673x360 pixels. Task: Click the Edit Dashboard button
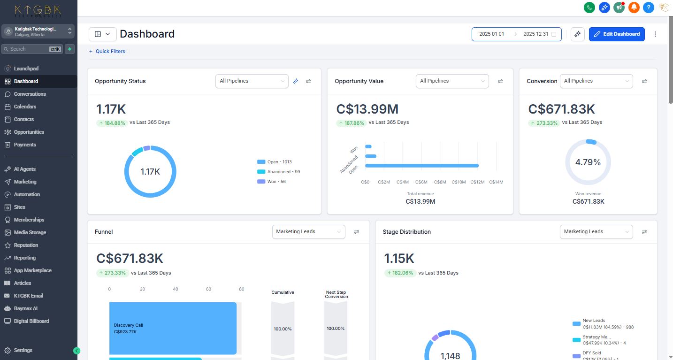coord(617,34)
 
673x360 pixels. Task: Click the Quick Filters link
coord(107,51)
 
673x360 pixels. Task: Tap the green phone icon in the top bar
coord(589,7)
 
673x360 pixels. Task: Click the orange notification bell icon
coord(634,7)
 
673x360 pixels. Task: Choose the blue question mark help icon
coord(649,7)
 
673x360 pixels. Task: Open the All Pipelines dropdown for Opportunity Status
coord(252,81)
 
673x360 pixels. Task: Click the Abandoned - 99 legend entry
coord(278,172)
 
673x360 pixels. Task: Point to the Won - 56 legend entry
coord(271,182)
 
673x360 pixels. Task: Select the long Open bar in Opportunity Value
coord(422,166)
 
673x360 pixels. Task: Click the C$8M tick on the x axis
coord(440,182)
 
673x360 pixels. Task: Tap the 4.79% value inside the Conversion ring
coord(588,162)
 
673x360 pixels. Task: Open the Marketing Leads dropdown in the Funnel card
coord(308,232)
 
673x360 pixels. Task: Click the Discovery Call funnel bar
coord(173,328)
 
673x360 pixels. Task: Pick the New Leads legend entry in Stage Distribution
coord(603,324)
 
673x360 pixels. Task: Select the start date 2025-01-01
coord(491,34)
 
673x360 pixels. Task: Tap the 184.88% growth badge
coord(112,123)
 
